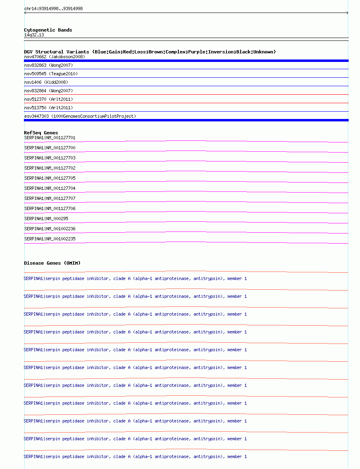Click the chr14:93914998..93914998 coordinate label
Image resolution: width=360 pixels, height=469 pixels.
53,8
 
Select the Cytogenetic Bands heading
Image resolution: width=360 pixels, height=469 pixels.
48,30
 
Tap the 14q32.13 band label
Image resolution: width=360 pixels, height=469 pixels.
34,35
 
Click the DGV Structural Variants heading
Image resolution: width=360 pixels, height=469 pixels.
150,52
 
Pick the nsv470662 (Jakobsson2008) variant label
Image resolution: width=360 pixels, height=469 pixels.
55,57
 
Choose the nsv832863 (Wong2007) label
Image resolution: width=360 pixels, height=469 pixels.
49,65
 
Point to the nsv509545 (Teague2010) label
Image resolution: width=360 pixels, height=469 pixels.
51,74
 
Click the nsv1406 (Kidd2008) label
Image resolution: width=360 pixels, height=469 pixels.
46,82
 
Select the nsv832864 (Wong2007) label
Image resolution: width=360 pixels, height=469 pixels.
49,91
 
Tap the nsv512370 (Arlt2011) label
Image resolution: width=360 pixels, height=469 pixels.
49,99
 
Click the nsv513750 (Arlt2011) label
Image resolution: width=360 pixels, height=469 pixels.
49,108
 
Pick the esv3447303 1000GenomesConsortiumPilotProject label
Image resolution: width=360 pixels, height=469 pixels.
80,116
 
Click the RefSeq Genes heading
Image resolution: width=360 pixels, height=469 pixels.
41,133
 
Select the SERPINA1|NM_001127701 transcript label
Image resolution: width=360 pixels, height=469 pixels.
50,138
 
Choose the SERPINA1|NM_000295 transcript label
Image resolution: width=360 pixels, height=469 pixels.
46,219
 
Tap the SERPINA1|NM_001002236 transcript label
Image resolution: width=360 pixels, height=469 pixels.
50,229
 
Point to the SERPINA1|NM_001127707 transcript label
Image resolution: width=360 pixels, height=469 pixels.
50,198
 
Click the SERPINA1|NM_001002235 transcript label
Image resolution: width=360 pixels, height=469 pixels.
50,239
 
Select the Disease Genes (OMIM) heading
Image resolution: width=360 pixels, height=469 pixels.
52,263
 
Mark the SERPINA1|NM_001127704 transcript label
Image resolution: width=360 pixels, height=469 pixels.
50,188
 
